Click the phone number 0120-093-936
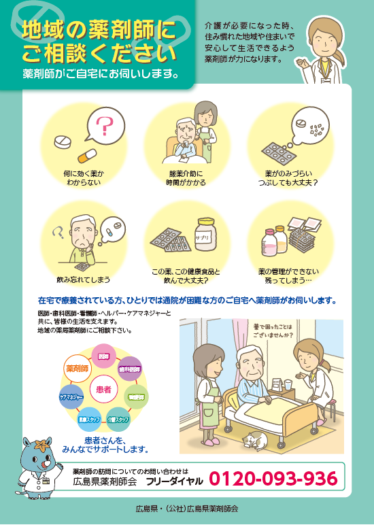pos(273,479)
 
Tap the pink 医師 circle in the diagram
pos(104,356)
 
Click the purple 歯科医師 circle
pos(130,369)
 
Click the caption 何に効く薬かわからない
pos(84,178)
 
